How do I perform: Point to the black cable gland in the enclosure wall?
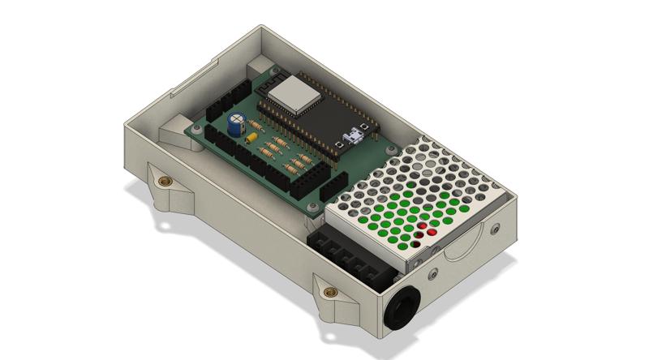click(x=402, y=309)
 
